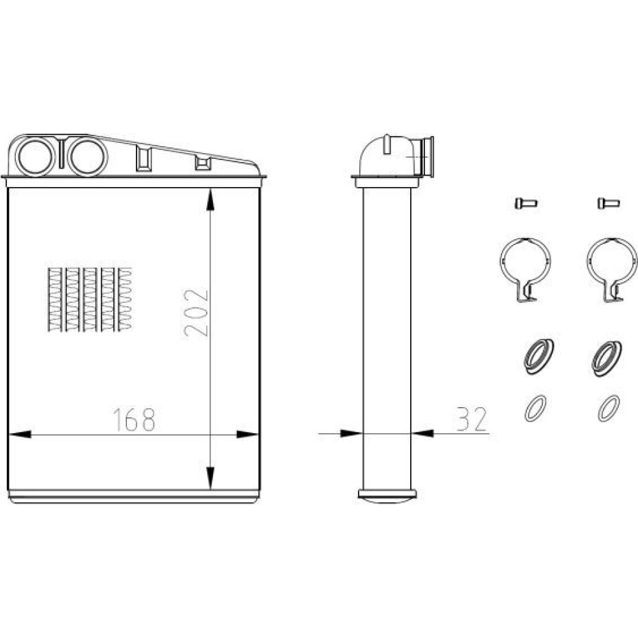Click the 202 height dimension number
click(x=196, y=313)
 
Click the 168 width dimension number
click(x=134, y=420)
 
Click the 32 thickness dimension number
click(x=471, y=419)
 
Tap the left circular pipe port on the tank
click(x=35, y=157)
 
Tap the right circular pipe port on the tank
click(x=87, y=157)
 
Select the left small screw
click(x=526, y=203)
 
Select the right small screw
click(x=609, y=203)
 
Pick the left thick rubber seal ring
click(x=538, y=357)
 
